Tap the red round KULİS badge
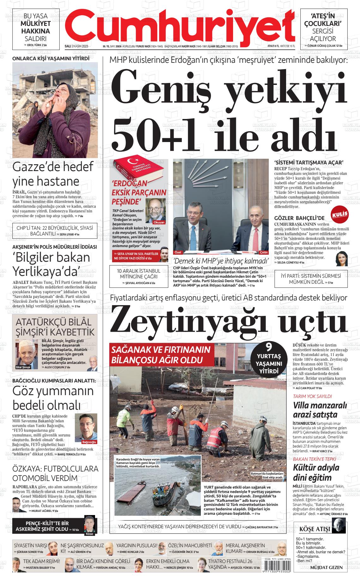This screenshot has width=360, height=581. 340,214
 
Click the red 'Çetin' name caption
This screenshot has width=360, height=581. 264,252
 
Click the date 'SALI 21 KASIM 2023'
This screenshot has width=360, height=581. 76,46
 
